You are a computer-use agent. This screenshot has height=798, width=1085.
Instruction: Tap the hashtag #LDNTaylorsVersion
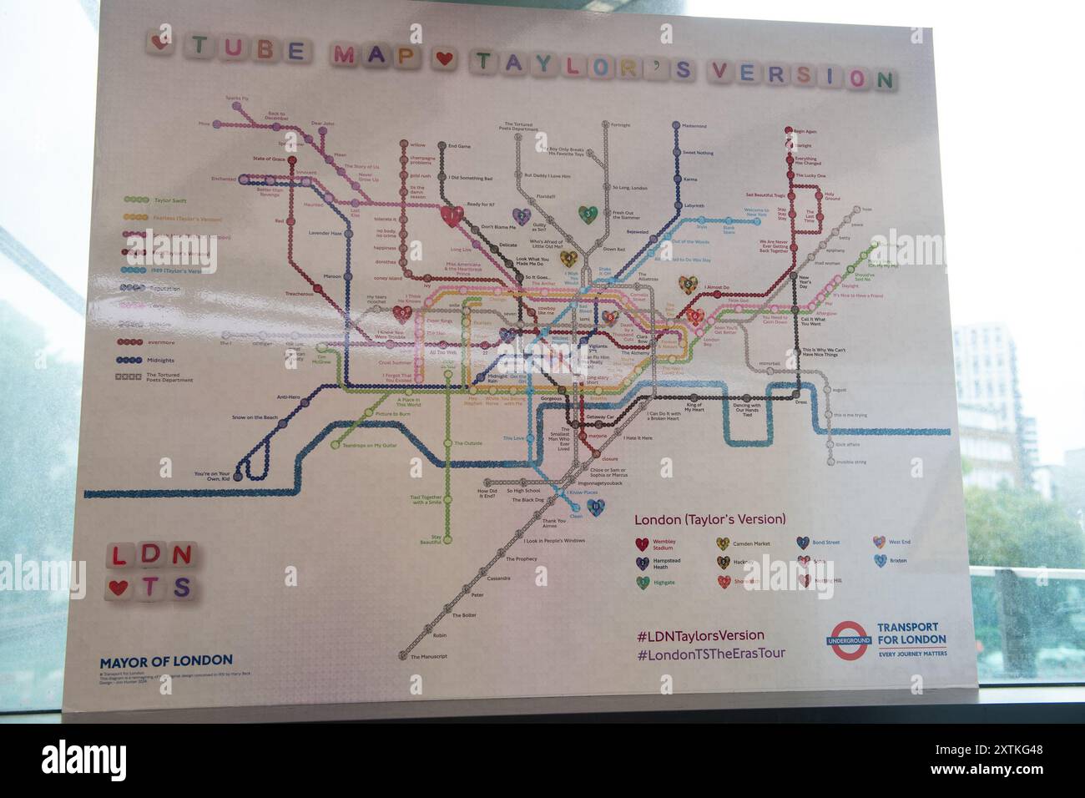(x=700, y=635)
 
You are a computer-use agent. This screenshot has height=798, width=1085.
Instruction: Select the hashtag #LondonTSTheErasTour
(x=710, y=654)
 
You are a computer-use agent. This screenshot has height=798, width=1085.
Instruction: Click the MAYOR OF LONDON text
(x=166, y=661)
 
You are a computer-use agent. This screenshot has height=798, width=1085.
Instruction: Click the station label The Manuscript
(x=429, y=656)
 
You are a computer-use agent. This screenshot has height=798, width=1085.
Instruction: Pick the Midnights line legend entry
(x=159, y=361)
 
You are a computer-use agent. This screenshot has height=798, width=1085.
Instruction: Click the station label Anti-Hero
(x=288, y=396)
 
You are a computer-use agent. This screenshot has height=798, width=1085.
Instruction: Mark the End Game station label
(x=459, y=146)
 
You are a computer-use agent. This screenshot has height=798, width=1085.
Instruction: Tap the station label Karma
(x=689, y=179)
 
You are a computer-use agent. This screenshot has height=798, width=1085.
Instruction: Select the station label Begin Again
(x=805, y=131)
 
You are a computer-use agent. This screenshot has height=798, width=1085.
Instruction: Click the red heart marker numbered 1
(x=452, y=216)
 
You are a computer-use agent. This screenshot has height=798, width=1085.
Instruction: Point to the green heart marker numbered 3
(x=588, y=215)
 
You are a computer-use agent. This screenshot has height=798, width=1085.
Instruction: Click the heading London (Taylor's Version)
(x=709, y=519)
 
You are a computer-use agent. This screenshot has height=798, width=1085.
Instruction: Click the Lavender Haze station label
(x=325, y=233)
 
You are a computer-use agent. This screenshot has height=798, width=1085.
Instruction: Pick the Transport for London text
(x=911, y=633)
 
